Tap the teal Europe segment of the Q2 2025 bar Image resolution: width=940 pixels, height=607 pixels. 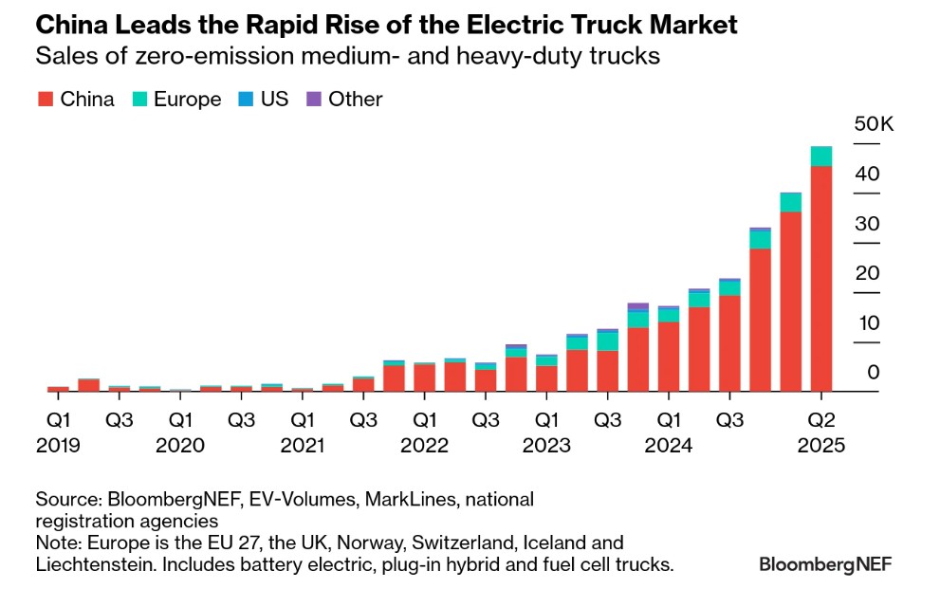pos(821,156)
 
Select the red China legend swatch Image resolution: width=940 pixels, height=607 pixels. pos(45,100)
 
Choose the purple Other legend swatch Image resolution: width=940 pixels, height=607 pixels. pos(313,100)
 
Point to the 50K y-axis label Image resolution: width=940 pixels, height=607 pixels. pos(873,124)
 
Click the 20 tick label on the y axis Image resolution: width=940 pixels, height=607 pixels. pos(867,273)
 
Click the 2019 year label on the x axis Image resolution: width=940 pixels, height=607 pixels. pos(59,444)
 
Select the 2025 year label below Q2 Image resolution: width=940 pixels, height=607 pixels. pos(821,444)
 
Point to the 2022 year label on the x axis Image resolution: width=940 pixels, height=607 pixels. pos(424,444)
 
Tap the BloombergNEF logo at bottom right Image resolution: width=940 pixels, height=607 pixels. pos(825,564)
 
